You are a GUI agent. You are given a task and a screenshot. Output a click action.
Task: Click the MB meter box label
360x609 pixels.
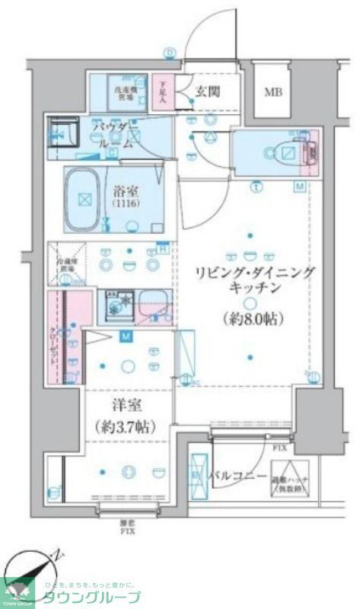coord(272,94)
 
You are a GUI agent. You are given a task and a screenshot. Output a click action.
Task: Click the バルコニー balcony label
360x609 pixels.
coord(240,477)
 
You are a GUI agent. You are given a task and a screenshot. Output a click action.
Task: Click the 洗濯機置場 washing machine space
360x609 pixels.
coord(124,92)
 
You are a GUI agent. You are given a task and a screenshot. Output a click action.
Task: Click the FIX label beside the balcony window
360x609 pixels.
coord(280,448)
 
